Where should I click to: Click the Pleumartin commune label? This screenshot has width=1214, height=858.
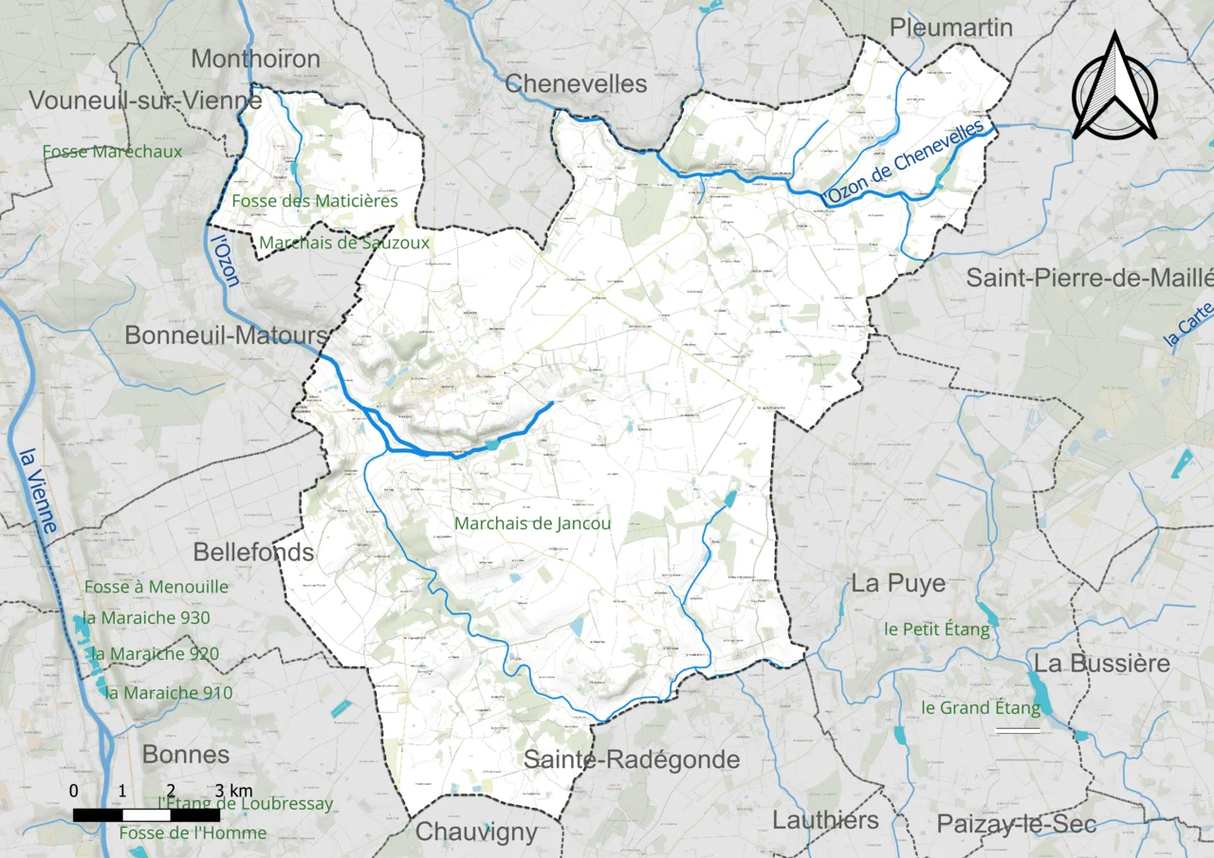(x=951, y=28)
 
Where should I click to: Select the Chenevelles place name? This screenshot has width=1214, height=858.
(x=576, y=83)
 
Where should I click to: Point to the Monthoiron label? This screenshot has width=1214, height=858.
(x=255, y=59)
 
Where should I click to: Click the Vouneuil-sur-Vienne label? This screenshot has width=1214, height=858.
(x=145, y=100)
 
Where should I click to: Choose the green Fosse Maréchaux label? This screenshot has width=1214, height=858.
(x=112, y=151)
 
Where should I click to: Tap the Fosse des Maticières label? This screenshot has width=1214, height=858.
(x=315, y=201)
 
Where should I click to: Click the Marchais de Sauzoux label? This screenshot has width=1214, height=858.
(x=344, y=243)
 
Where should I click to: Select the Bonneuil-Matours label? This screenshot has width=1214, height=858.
(x=227, y=336)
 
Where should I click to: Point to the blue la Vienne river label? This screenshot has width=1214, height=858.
(x=37, y=488)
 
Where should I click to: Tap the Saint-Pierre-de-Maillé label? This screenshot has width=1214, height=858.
(x=1089, y=278)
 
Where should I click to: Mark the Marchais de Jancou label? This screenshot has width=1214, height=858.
(x=532, y=522)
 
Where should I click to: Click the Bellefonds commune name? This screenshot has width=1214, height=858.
(x=253, y=552)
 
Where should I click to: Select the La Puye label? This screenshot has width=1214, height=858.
(x=897, y=583)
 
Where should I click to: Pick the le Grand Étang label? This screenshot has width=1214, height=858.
(x=981, y=707)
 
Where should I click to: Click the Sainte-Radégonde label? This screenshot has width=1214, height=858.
(x=631, y=759)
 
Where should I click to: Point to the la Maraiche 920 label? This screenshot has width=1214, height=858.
(x=156, y=653)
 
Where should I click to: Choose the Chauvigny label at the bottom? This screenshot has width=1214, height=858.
(x=477, y=832)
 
